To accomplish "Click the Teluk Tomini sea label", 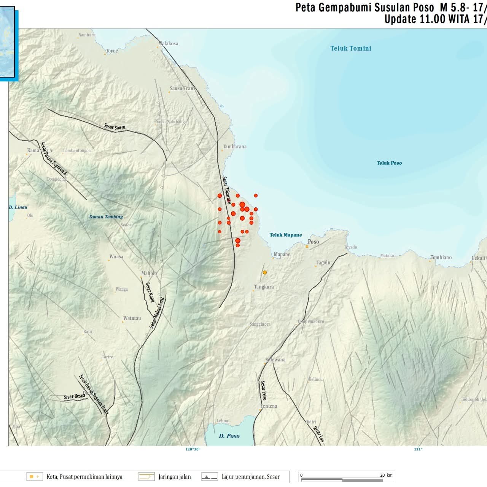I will (350, 48).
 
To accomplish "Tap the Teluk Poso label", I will (389, 163).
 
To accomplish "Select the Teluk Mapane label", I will (286, 235).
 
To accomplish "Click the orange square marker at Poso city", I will (307, 247).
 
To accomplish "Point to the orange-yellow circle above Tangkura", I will (265, 272).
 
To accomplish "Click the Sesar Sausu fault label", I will (115, 127).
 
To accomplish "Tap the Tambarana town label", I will (234, 146).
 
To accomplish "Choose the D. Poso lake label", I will (229, 436).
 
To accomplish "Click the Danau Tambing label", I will (106, 217).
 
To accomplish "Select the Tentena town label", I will (269, 406).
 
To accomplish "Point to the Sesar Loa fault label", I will (319, 434).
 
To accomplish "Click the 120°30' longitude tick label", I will (193, 449).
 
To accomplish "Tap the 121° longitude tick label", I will (418, 449).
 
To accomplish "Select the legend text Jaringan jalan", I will (175, 477).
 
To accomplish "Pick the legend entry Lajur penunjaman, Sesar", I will (251, 477).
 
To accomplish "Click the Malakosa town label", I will (169, 43).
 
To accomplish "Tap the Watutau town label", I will (132, 318).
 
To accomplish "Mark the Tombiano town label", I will (441, 258).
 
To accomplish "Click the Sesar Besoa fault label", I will (74, 396).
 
